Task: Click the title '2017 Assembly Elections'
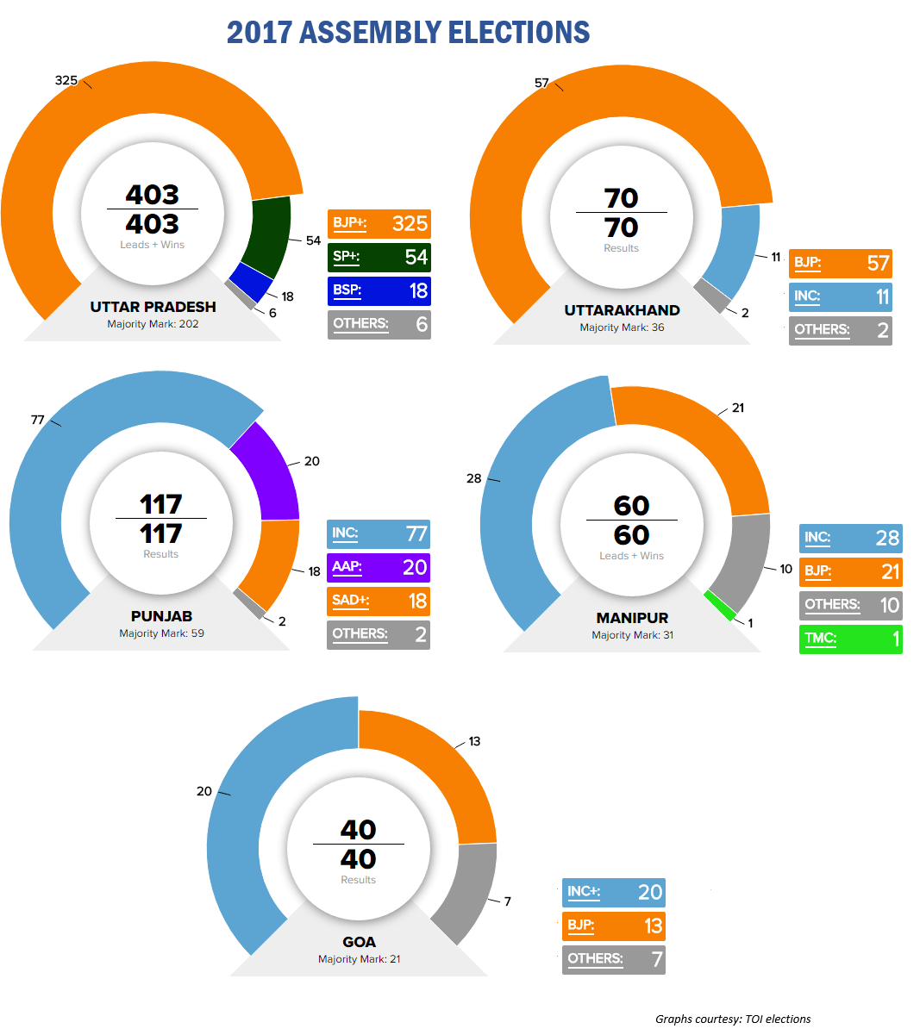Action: [x=408, y=33]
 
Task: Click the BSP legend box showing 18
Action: [x=379, y=290]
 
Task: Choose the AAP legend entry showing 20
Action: [x=379, y=567]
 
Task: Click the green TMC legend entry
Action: [x=850, y=639]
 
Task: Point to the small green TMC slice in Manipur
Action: [x=720, y=605]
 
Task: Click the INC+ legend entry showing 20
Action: [x=613, y=892]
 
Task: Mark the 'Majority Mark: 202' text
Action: [x=153, y=324]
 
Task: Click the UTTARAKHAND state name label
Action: [x=622, y=310]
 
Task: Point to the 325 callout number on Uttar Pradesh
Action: [x=66, y=80]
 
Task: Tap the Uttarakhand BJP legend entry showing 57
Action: [x=840, y=263]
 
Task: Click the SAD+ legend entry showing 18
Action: [x=379, y=601]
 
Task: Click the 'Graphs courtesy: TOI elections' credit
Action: [x=733, y=1019]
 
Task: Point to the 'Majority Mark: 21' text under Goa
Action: [x=359, y=959]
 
